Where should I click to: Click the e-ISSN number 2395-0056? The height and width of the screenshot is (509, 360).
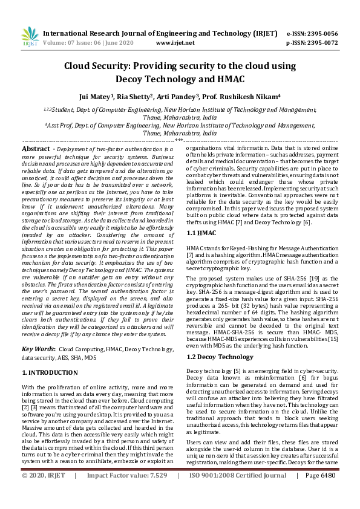(x=321, y=34)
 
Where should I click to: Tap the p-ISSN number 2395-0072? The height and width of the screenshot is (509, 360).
(x=321, y=43)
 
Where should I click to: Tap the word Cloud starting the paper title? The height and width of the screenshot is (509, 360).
(x=82, y=66)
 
